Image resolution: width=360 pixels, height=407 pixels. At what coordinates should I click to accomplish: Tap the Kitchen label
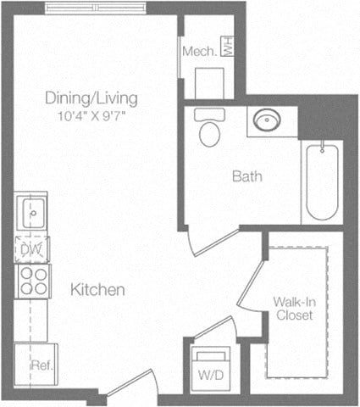coord(97,290)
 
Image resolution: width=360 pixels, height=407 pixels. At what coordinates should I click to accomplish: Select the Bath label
coord(247,177)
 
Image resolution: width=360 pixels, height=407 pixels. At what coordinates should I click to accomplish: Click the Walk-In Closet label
coord(294,308)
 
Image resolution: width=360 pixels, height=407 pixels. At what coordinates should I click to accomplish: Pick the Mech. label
coord(201,51)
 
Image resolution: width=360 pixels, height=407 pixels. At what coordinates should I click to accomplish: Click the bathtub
coord(321,181)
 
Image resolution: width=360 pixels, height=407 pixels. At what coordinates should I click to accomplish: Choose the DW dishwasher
coord(31,249)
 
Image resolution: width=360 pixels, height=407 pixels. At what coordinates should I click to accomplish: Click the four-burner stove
coord(31,280)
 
